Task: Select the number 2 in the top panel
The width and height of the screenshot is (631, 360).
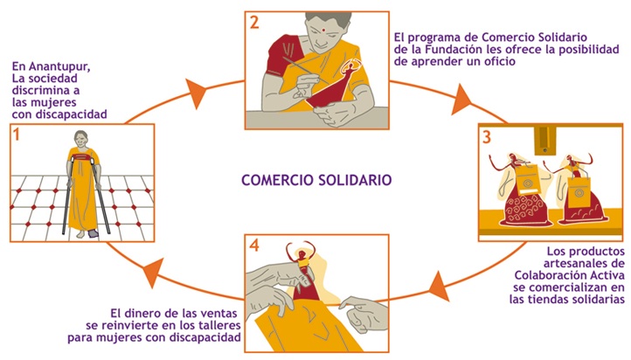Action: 254,23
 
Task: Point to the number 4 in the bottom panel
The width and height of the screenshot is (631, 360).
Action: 254,244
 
